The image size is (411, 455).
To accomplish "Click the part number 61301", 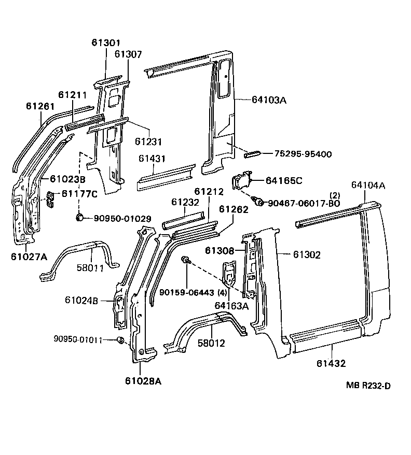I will pyautogui.click(x=106, y=43).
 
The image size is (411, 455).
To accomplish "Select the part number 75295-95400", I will pyautogui.click(x=303, y=154).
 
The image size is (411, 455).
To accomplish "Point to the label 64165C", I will pyautogui.click(x=284, y=180).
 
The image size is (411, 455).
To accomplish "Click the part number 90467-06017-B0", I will pyautogui.click(x=304, y=203).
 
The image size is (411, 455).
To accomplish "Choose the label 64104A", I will pyautogui.click(x=368, y=184).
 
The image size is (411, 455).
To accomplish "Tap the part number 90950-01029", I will pyautogui.click(x=122, y=219).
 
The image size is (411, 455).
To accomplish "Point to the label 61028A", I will pyautogui.click(x=143, y=381).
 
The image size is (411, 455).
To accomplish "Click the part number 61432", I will pyautogui.click(x=331, y=364).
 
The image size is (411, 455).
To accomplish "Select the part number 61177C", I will pyautogui.click(x=79, y=194).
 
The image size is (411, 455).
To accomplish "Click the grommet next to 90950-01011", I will pyautogui.click(x=120, y=340).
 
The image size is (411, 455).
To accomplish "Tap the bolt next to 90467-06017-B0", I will pyautogui.click(x=257, y=201).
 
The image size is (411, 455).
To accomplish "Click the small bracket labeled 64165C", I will pyautogui.click(x=242, y=181).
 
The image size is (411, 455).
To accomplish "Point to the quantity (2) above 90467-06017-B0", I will pyautogui.click(x=335, y=195).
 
